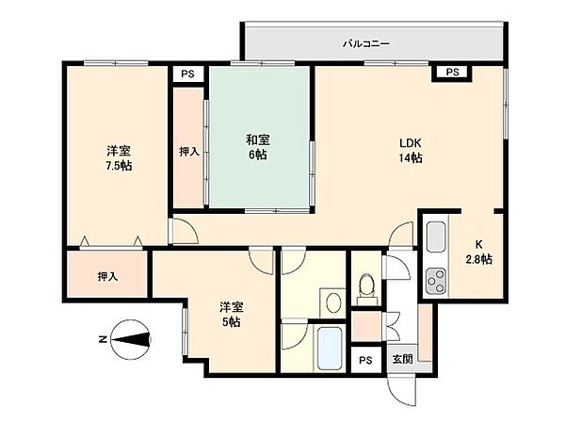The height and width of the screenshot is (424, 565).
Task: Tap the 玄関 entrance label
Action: click(x=402, y=359)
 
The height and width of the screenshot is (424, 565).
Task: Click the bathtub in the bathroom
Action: click(x=328, y=350)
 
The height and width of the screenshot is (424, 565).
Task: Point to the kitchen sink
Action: click(x=435, y=236)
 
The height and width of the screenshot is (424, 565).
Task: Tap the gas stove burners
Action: click(x=436, y=278)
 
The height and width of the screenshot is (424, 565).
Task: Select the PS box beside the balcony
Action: click(x=452, y=72)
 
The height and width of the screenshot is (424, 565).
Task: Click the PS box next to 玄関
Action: click(x=365, y=360)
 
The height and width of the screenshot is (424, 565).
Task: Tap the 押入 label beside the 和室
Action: click(x=188, y=151)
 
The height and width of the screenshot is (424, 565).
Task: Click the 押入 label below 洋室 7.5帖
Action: click(x=107, y=276)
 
